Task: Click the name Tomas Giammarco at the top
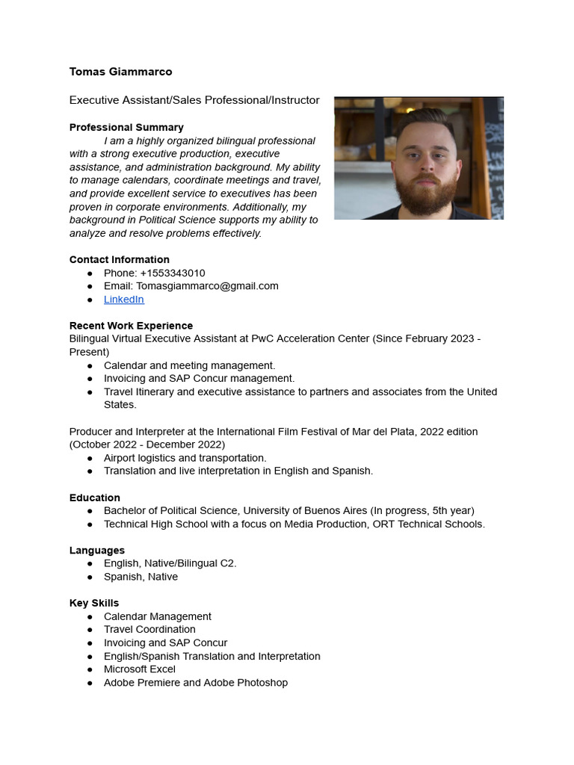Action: pyautogui.click(x=120, y=72)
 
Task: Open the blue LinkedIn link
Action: pyautogui.click(x=123, y=299)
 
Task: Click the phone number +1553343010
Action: pyautogui.click(x=172, y=273)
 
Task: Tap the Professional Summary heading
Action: pyautogui.click(x=126, y=128)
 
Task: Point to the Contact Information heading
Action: pyautogui.click(x=119, y=259)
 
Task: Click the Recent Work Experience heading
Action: pyautogui.click(x=131, y=326)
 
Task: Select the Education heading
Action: pyautogui.click(x=95, y=498)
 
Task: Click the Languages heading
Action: pyautogui.click(x=97, y=551)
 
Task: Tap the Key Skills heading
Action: pyautogui.click(x=94, y=603)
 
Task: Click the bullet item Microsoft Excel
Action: pyautogui.click(x=140, y=669)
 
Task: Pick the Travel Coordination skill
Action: pyautogui.click(x=149, y=629)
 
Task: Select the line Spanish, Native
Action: pyautogui.click(x=141, y=577)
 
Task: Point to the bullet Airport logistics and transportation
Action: pyautogui.click(x=185, y=457)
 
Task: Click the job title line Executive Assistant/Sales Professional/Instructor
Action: pyautogui.click(x=194, y=100)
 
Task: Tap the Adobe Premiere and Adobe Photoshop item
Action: pyautogui.click(x=195, y=682)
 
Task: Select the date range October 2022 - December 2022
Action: pyautogui.click(x=147, y=445)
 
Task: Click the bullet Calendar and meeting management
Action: pyautogui.click(x=189, y=365)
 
